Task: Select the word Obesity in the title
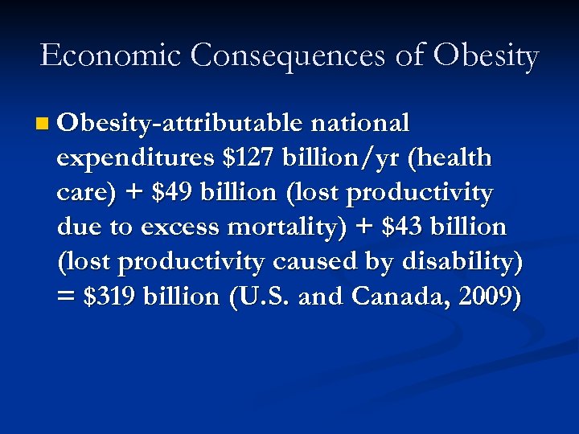485,55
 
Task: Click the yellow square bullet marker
43,125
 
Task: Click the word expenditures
137,158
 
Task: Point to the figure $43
396,227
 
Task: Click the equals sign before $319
67,297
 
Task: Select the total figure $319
110,297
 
